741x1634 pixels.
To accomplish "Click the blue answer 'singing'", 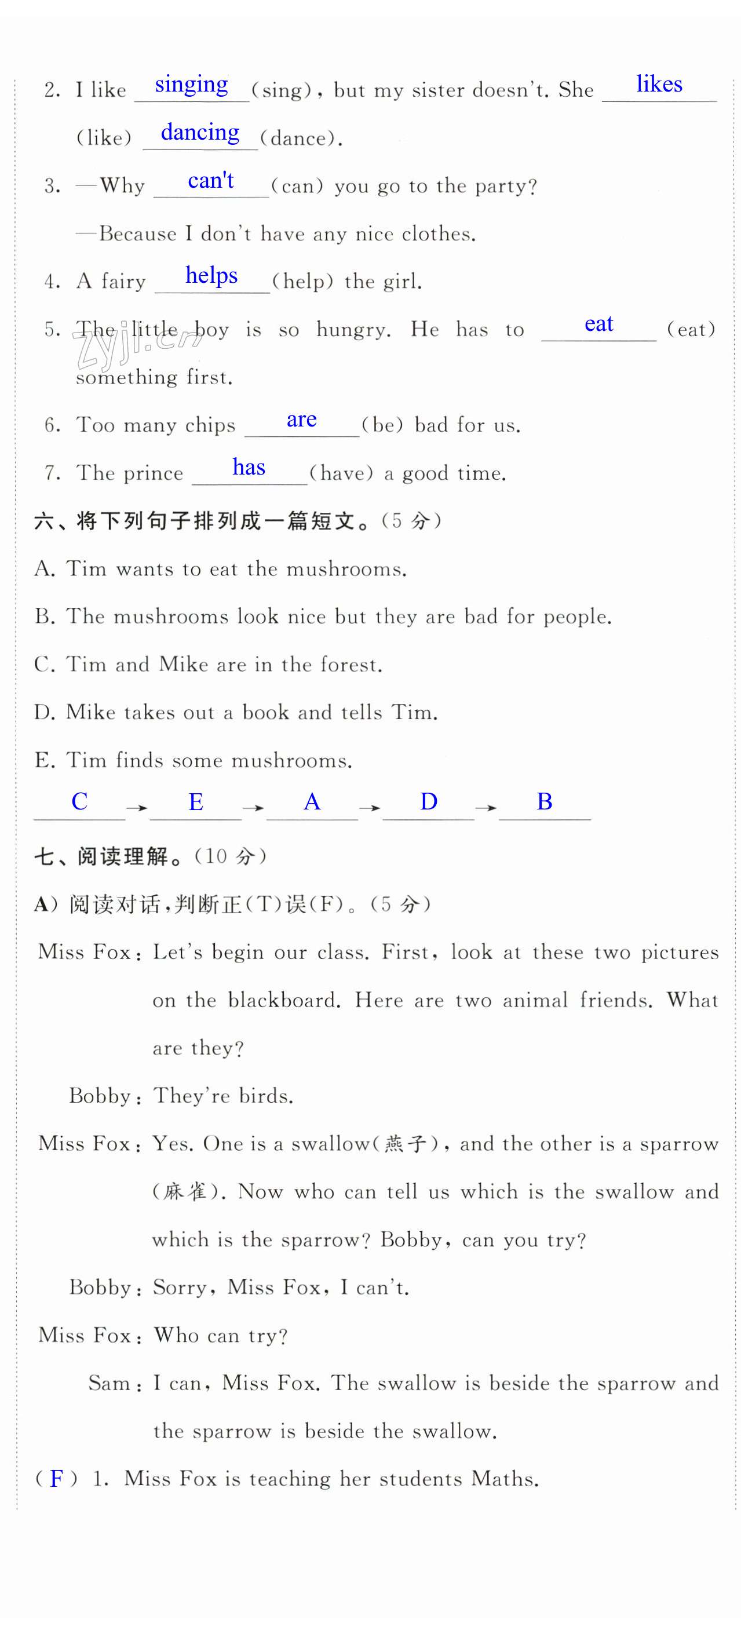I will tap(191, 85).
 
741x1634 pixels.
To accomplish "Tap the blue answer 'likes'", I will tap(659, 85).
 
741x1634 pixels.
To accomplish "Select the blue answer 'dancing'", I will tap(200, 133).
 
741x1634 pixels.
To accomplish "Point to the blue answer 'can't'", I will tap(211, 181).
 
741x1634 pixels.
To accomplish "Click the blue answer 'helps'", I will tap(211, 275).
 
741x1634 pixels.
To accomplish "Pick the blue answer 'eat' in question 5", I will tap(598, 323).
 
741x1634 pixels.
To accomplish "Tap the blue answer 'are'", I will tap(301, 420).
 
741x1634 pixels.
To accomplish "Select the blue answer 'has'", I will tap(249, 468).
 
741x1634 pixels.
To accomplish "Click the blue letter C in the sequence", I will tap(79, 802).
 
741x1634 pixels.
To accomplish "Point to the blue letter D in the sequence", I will tap(429, 802).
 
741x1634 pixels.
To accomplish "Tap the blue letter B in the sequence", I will tap(545, 802).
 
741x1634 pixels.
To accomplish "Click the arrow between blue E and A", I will tap(253, 808).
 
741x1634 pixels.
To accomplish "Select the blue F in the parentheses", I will tap(56, 1479).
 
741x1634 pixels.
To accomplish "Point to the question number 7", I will tap(52, 473).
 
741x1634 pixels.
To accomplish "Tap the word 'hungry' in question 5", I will tap(352, 330).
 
